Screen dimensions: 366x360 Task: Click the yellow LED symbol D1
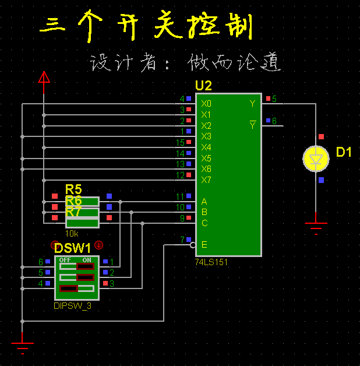(316, 159)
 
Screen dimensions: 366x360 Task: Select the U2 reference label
(203, 86)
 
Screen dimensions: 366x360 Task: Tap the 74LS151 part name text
(211, 262)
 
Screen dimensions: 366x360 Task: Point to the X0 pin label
(206, 104)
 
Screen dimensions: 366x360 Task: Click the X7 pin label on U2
(206, 180)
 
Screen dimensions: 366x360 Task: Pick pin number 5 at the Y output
(274, 99)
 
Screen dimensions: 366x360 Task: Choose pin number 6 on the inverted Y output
(274, 121)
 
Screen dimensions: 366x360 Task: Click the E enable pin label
(204, 244)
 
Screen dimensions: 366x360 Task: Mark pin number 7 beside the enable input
(182, 240)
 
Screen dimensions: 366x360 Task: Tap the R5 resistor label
(73, 189)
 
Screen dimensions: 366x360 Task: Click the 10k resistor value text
(72, 233)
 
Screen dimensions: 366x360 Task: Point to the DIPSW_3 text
(73, 305)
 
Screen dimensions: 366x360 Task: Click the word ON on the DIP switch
(87, 259)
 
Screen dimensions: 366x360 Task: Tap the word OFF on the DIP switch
(65, 259)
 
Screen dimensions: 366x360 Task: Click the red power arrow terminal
(44, 78)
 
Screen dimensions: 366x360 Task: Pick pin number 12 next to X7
(181, 175)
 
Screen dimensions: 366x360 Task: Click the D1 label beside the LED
(344, 153)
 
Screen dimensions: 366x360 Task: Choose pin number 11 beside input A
(181, 197)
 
